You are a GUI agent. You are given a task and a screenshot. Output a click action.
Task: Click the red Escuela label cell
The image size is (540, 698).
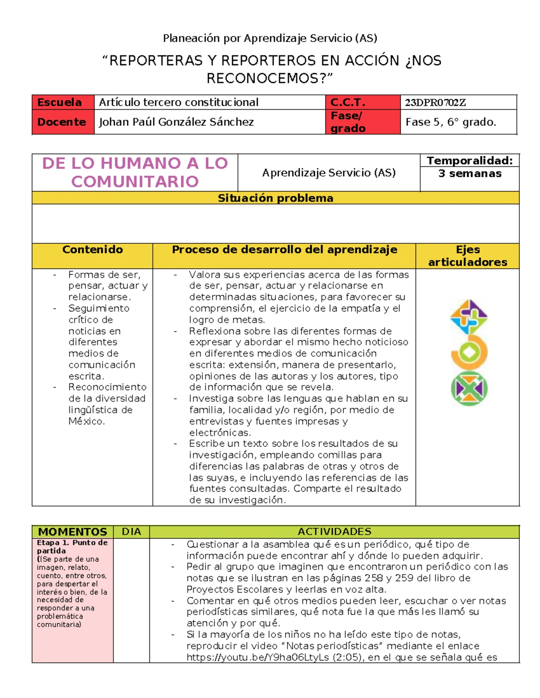pyautogui.click(x=63, y=102)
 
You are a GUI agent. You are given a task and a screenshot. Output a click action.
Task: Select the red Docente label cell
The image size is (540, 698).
pyautogui.click(x=63, y=122)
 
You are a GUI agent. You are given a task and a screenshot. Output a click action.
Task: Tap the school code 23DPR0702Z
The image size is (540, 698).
pyautogui.click(x=435, y=102)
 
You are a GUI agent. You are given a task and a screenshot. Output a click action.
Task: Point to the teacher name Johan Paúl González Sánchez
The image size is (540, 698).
pyautogui.click(x=176, y=122)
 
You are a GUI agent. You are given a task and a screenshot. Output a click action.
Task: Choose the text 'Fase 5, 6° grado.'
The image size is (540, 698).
pyautogui.click(x=450, y=122)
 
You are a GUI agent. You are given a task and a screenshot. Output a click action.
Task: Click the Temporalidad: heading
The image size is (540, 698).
pyautogui.click(x=469, y=160)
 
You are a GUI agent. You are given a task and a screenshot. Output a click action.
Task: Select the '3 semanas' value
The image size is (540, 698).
pyautogui.click(x=469, y=173)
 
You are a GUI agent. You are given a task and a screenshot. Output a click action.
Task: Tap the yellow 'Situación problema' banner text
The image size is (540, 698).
pyautogui.click(x=275, y=198)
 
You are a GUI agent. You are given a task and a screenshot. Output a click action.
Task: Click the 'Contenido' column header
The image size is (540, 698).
pyautogui.click(x=92, y=250)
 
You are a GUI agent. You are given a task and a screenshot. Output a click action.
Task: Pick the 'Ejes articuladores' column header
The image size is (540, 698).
pyautogui.click(x=468, y=256)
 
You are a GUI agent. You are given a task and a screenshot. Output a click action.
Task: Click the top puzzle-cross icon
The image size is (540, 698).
pyautogui.click(x=468, y=316)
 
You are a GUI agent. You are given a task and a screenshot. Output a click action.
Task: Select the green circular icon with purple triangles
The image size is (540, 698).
pyautogui.click(x=469, y=388)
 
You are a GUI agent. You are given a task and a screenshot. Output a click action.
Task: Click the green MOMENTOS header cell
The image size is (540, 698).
pyautogui.click(x=72, y=532)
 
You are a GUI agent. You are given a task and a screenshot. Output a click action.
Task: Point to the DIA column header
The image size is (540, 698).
pyautogui.click(x=131, y=532)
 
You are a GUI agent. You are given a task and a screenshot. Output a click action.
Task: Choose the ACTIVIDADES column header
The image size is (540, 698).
pyautogui.click(x=334, y=532)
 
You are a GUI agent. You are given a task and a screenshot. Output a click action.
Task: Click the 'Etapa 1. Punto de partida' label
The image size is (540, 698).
pyautogui.click(x=72, y=547)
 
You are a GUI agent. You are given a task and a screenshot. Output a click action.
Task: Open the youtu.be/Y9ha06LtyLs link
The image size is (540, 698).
pyautogui.click(x=258, y=658)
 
